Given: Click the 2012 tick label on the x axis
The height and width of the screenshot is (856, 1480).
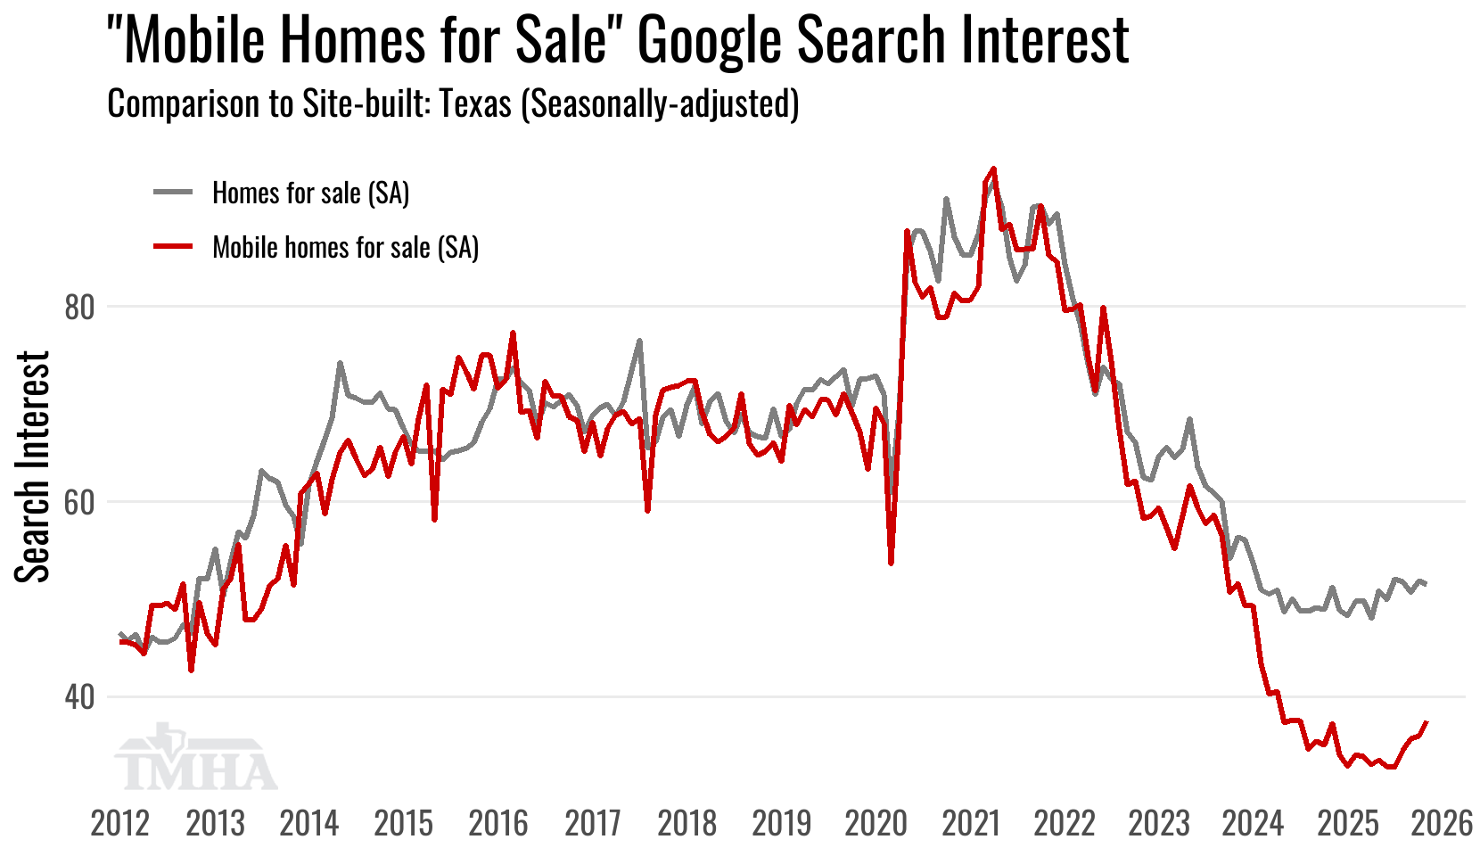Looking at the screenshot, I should (x=120, y=823).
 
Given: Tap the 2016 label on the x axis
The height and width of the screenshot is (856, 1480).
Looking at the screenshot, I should (x=498, y=823).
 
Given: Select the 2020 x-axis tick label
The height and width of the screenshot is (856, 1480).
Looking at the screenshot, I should (x=876, y=823).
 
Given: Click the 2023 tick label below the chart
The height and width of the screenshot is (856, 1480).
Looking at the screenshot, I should (x=1159, y=823).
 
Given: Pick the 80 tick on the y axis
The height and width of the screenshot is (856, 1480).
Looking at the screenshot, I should (x=79, y=308).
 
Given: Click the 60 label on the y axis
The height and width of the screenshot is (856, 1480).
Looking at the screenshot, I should (x=79, y=502).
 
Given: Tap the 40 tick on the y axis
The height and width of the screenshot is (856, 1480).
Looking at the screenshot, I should (x=79, y=697).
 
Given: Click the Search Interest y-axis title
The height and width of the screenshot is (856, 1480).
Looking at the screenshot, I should (x=33, y=466).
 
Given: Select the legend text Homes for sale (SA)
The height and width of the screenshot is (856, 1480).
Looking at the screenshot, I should (x=310, y=193).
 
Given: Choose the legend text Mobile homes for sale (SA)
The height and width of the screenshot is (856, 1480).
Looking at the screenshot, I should (x=345, y=247).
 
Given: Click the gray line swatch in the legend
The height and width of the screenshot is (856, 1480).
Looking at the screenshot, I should (x=173, y=192).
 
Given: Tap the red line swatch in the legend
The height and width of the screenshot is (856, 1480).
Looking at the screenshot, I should (x=173, y=246).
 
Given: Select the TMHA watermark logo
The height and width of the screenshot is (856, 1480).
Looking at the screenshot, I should (x=196, y=760).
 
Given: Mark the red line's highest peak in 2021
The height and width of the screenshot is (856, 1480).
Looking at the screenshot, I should (x=993, y=169).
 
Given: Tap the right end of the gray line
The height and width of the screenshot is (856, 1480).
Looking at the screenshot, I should (x=1427, y=584).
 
